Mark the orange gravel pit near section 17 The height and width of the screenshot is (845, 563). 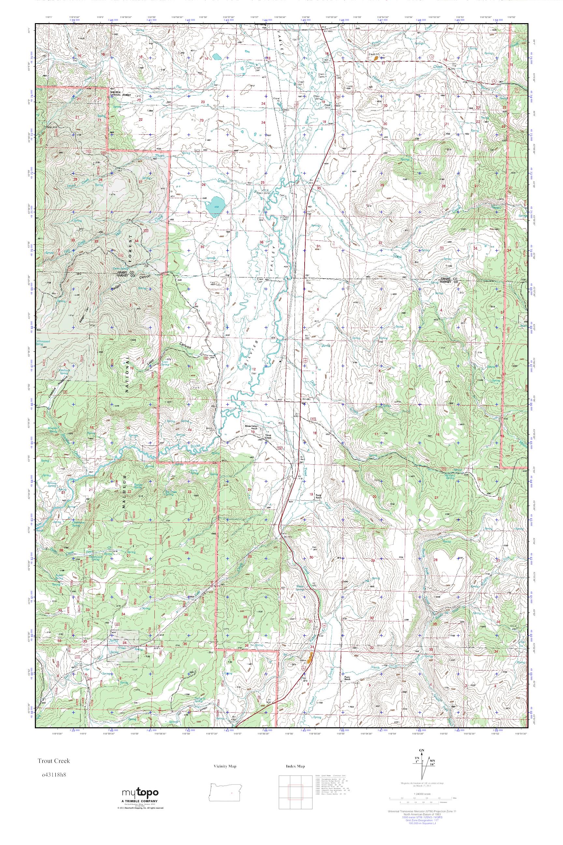[376, 57]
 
